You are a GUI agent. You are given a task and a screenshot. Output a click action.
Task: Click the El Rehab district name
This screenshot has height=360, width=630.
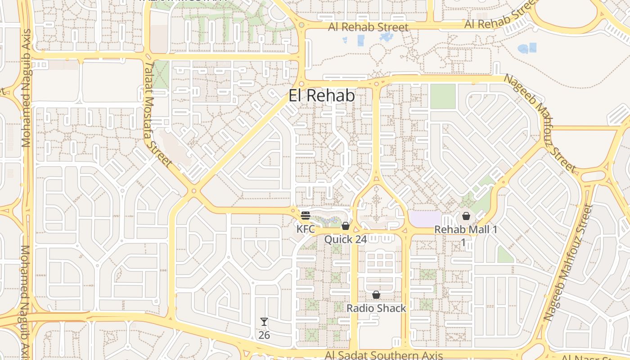click(x=321, y=95)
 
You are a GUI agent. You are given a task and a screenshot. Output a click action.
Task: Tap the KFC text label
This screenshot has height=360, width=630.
click(x=306, y=229)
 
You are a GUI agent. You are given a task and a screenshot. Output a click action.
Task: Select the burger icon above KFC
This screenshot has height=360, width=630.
click(x=306, y=215)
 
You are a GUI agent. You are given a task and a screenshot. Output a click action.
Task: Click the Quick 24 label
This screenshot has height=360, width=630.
click(x=346, y=239)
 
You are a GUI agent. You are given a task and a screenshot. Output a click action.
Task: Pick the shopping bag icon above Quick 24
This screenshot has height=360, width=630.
click(x=346, y=226)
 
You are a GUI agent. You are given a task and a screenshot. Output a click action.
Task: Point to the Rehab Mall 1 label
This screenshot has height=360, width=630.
click(x=466, y=230)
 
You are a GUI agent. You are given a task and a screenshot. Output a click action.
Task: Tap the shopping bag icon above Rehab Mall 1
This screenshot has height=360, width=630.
click(x=466, y=216)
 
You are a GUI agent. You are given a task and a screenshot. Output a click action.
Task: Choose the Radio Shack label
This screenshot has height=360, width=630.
click(x=376, y=309)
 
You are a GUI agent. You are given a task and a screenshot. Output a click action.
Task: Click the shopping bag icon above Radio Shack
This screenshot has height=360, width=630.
click(x=376, y=295)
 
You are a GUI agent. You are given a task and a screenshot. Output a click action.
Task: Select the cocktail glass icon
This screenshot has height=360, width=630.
click(x=264, y=322)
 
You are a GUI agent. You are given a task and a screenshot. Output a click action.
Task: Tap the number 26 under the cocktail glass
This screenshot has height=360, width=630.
click(x=264, y=335)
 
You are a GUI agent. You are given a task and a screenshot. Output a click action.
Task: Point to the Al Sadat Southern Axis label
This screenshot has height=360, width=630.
click(x=384, y=355)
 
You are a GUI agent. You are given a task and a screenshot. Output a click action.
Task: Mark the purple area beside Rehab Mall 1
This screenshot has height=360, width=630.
click(x=425, y=219)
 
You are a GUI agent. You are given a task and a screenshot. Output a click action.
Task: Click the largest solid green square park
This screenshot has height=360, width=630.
click(x=443, y=96)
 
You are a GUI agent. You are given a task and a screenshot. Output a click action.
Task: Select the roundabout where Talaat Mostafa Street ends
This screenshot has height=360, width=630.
click(x=194, y=191)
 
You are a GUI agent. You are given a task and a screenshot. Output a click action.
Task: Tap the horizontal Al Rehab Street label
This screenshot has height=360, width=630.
click(x=368, y=27)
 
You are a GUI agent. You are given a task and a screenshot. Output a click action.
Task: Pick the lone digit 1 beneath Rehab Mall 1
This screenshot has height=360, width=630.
click(x=463, y=243)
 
